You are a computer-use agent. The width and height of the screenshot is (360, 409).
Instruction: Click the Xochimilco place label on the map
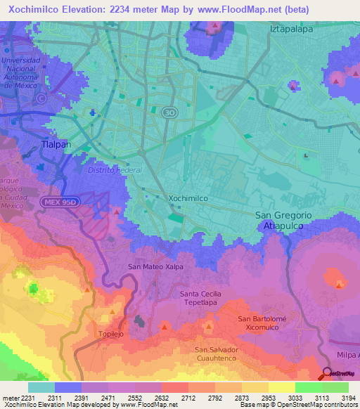pyautogui.click(x=188, y=199)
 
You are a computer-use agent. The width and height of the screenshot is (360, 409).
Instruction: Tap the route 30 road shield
pyautogui.click(x=169, y=112)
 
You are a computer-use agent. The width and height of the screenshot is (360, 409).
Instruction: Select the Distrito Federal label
pyautogui.click(x=115, y=170)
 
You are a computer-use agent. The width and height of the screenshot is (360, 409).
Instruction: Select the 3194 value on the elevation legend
pyautogui.click(x=348, y=398)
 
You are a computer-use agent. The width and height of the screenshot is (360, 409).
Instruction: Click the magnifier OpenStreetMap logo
pyautogui.click(x=328, y=374)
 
